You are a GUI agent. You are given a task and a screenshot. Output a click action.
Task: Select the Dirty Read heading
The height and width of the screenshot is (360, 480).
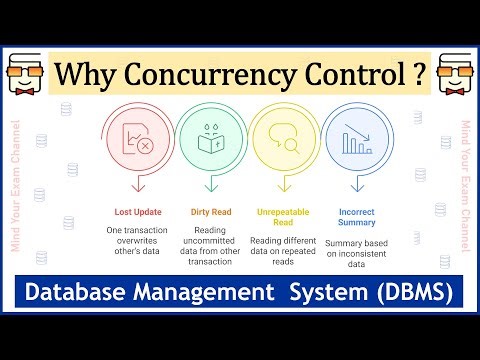tap(211, 212)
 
